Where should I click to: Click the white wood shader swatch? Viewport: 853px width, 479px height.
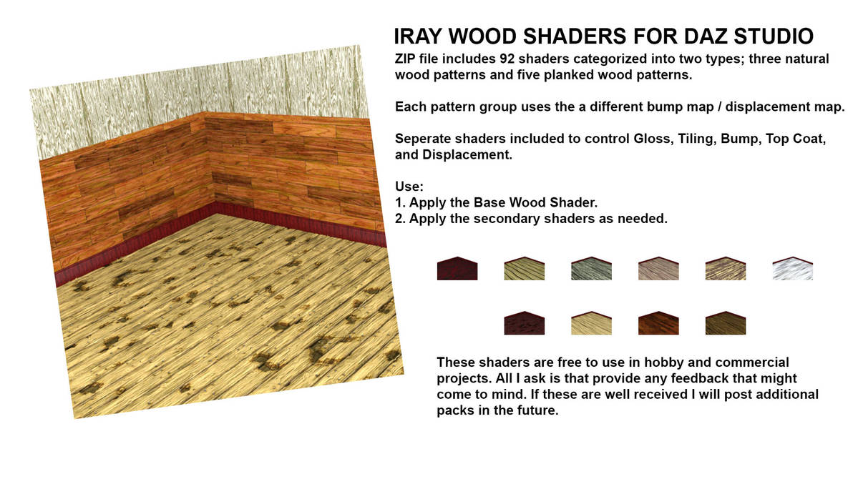tap(793, 270)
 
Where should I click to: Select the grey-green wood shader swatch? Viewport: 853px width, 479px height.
tap(591, 270)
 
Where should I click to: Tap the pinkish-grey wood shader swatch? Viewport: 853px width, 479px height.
tap(658, 270)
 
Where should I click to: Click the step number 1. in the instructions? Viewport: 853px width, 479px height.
tap(400, 203)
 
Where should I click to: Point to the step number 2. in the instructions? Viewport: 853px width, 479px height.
tap(400, 219)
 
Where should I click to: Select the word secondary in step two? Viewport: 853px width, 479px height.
tap(499, 219)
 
